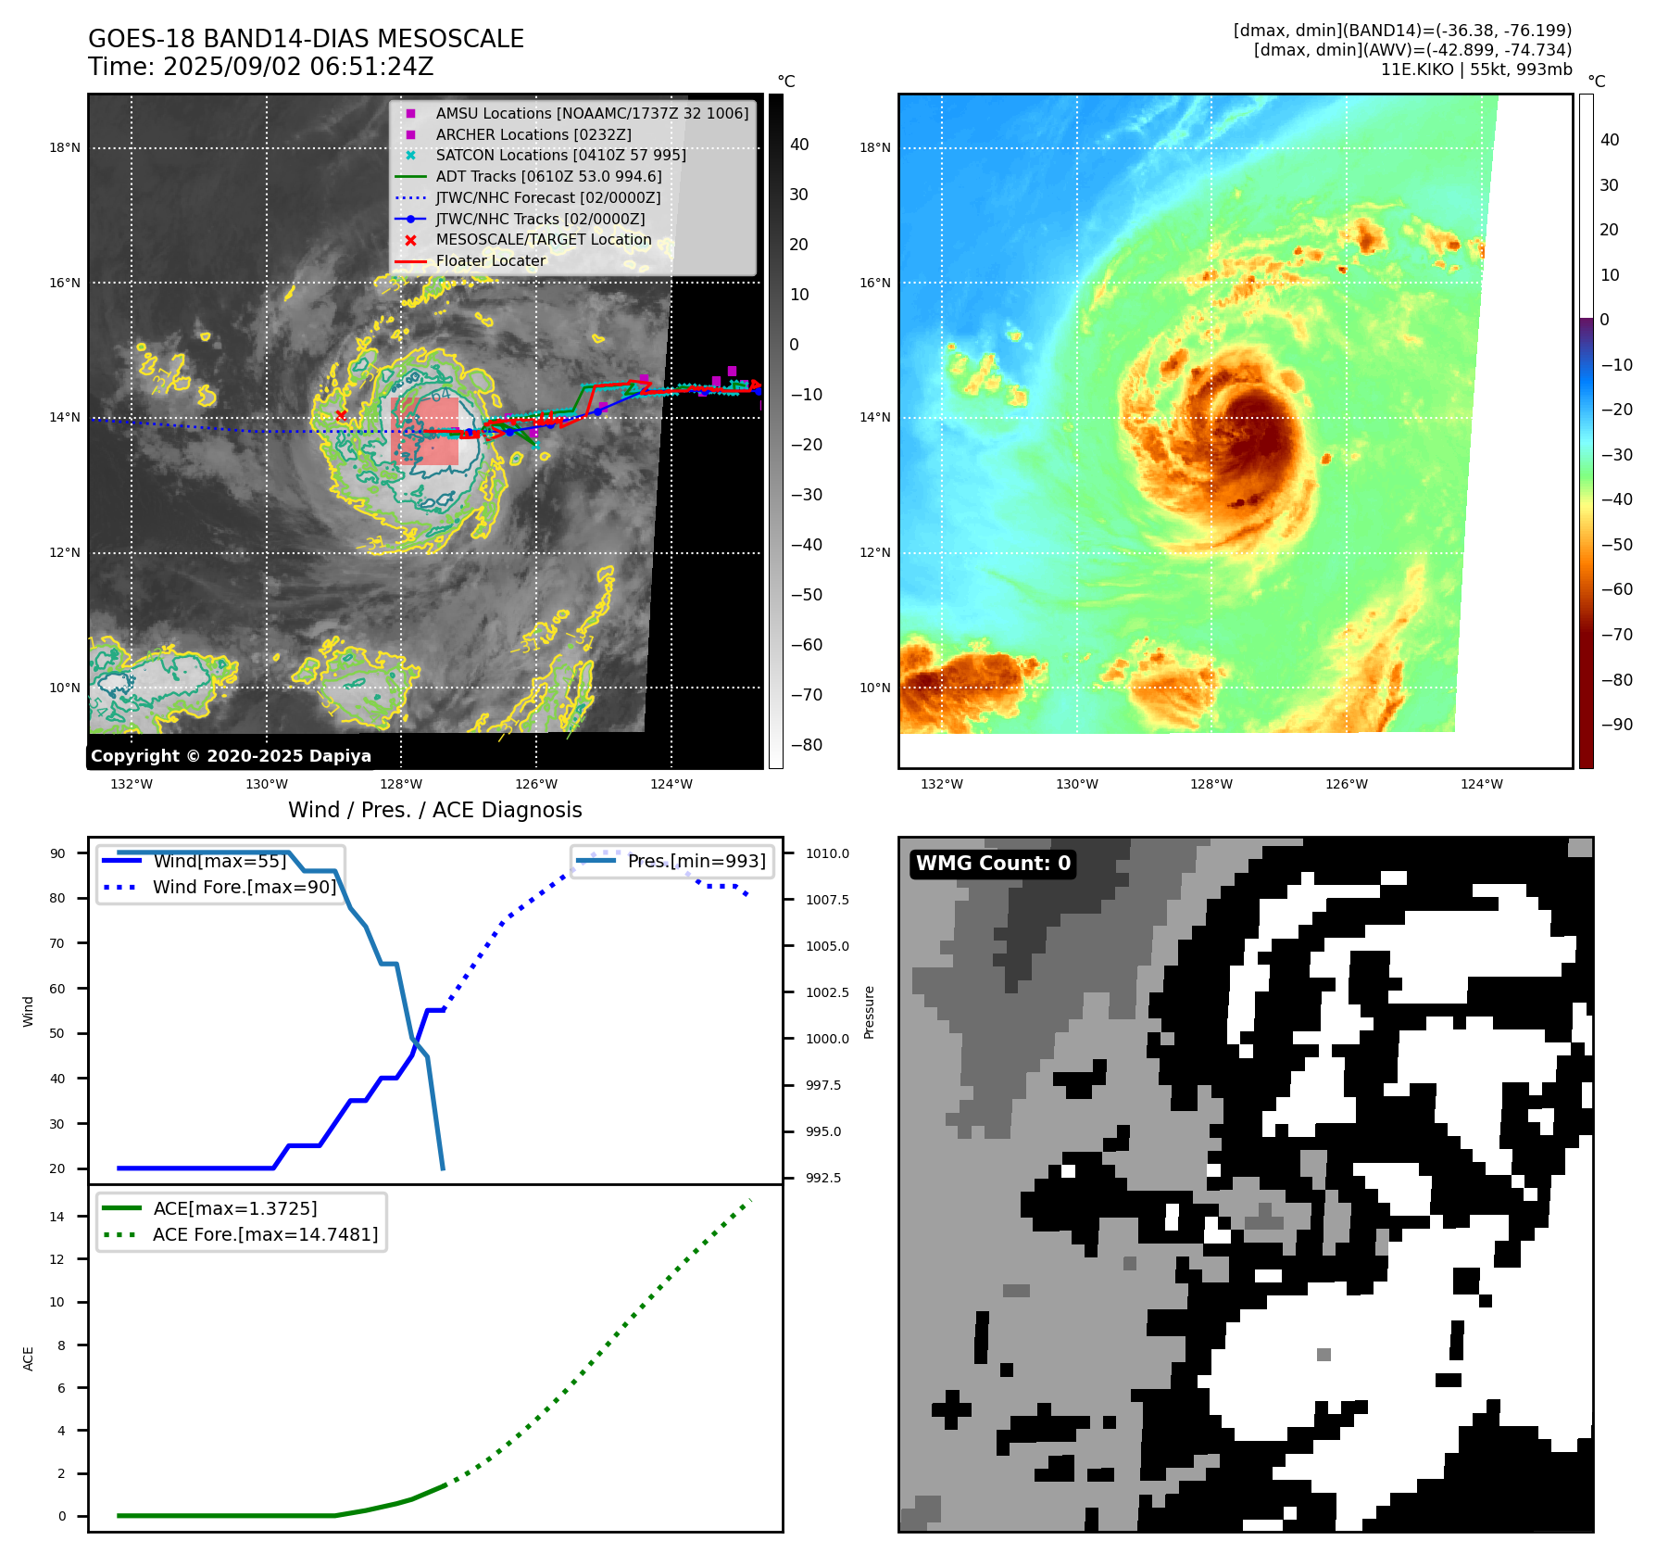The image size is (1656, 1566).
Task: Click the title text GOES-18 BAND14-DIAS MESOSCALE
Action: (306, 39)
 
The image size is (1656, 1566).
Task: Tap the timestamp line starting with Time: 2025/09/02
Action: (260, 67)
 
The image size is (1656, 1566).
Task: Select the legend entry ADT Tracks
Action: (548, 176)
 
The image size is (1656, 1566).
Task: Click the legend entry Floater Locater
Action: (490, 260)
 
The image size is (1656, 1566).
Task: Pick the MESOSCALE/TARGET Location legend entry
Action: (543, 239)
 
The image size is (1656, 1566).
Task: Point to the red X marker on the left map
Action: (342, 415)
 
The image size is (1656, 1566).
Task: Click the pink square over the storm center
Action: (425, 431)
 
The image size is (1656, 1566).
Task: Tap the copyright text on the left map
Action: (231, 756)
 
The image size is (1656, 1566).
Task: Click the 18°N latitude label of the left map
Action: (65, 147)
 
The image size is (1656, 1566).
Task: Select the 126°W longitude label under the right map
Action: (1346, 784)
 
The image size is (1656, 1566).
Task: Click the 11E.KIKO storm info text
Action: (1475, 69)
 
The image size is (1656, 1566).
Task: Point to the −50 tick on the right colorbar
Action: (1617, 544)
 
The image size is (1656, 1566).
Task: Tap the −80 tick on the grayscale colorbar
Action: (806, 744)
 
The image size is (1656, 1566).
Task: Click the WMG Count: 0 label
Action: (993, 864)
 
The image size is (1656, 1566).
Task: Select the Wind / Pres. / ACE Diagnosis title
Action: (434, 810)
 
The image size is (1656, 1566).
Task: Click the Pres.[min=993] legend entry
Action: (696, 861)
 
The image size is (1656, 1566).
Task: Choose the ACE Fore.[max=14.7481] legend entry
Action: (265, 1234)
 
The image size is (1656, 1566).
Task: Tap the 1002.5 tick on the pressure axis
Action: (826, 992)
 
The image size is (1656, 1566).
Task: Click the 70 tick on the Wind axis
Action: (57, 943)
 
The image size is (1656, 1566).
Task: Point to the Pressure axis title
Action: (869, 1012)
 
